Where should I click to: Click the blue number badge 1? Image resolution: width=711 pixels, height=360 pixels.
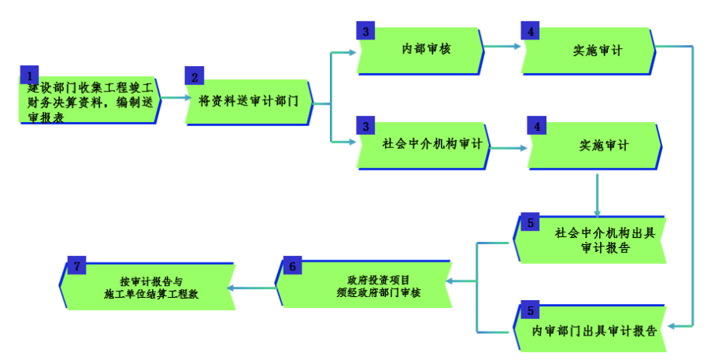tap(29, 75)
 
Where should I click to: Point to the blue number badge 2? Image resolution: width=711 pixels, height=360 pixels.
tap(194, 76)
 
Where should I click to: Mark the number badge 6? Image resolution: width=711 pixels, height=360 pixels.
tap(291, 266)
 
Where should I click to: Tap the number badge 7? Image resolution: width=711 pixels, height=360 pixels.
tap(76, 265)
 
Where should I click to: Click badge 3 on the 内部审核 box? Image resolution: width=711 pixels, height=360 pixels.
tap(365, 32)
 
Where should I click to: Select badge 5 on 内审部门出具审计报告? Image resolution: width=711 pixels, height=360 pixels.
tap(531, 310)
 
